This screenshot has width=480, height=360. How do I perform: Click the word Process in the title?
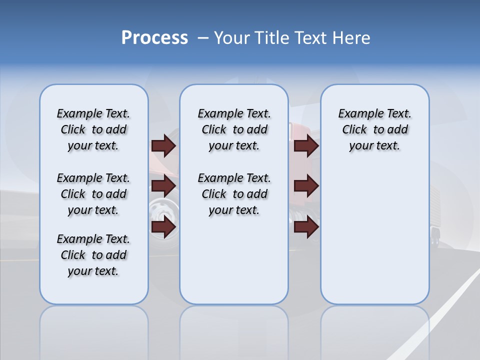click(154, 38)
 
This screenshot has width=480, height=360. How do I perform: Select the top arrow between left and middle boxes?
click(163, 146)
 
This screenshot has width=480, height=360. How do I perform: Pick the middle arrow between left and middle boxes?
click(163, 186)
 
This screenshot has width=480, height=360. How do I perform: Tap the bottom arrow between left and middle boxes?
click(163, 227)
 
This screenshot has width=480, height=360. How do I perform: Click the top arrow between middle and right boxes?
click(306, 146)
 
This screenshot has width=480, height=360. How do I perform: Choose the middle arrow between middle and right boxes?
click(306, 186)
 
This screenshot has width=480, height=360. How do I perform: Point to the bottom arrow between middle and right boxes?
click(306, 227)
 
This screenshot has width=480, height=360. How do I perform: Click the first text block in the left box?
click(93, 129)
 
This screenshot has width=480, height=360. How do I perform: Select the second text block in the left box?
click(93, 194)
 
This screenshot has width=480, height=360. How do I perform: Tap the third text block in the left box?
click(93, 255)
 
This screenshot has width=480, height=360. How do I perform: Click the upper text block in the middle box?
click(234, 129)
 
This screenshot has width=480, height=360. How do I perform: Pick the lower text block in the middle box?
click(234, 194)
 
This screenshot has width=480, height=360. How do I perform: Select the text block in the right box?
click(374, 129)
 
